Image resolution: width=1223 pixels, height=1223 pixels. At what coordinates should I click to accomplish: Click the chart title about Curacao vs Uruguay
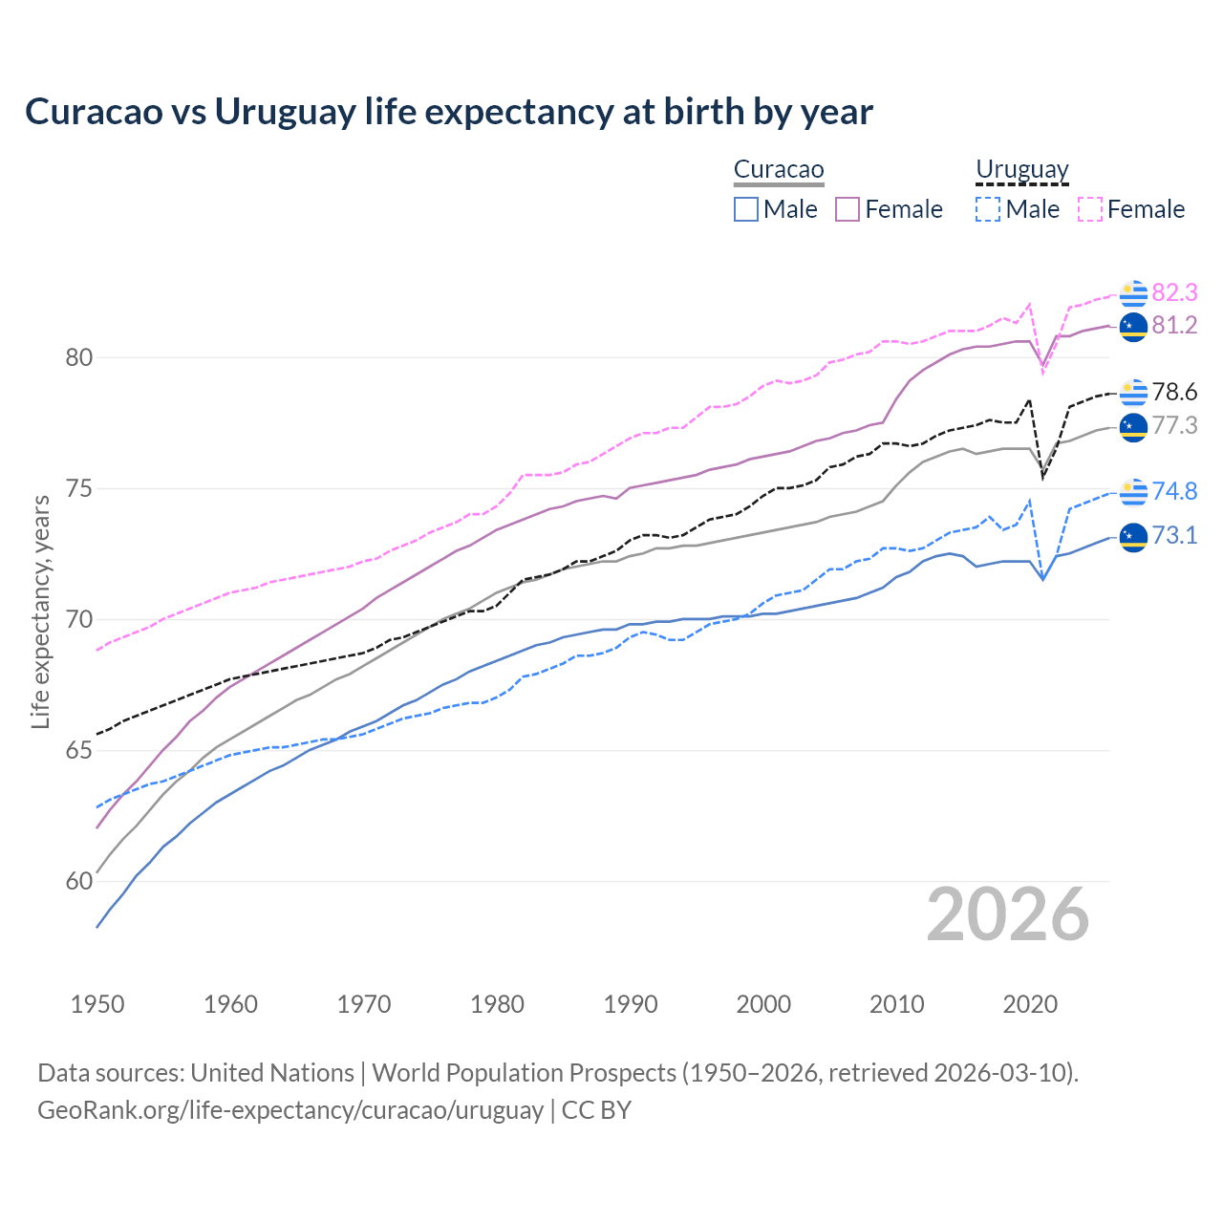[448, 112]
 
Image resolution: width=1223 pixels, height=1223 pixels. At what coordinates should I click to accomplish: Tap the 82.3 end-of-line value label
[1174, 292]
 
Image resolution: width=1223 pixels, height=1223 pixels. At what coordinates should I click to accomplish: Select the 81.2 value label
[1174, 326]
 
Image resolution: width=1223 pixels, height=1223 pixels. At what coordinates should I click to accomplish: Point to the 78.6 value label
[1174, 393]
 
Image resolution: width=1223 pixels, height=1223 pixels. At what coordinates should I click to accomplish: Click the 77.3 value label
[1174, 425]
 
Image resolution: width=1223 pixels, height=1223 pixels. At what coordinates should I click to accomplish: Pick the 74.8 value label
[1174, 491]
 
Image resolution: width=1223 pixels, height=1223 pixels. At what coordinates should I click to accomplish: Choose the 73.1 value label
[1174, 536]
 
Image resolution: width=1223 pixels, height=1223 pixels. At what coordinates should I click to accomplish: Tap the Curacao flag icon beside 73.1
[1133, 537]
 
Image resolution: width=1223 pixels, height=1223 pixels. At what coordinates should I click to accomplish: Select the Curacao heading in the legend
[779, 170]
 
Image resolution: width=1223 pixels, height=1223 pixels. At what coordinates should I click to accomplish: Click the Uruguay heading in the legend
[1021, 170]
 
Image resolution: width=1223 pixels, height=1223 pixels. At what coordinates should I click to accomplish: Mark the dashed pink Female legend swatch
[1090, 209]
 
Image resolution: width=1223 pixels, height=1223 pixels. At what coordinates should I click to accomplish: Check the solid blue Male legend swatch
[746, 209]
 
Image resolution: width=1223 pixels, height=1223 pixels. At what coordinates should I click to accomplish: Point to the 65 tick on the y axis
[78, 751]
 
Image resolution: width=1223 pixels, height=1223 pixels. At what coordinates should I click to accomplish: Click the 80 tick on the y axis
[78, 358]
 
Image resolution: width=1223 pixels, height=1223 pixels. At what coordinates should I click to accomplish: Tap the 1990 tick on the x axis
[631, 1004]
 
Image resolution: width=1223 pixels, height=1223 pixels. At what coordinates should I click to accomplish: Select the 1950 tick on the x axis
[97, 1004]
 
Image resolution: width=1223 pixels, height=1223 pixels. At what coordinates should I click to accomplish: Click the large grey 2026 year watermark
[1008, 914]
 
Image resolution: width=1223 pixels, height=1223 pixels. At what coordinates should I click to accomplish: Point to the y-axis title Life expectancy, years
[41, 611]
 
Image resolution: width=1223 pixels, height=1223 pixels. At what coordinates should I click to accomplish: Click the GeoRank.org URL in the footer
[290, 1110]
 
